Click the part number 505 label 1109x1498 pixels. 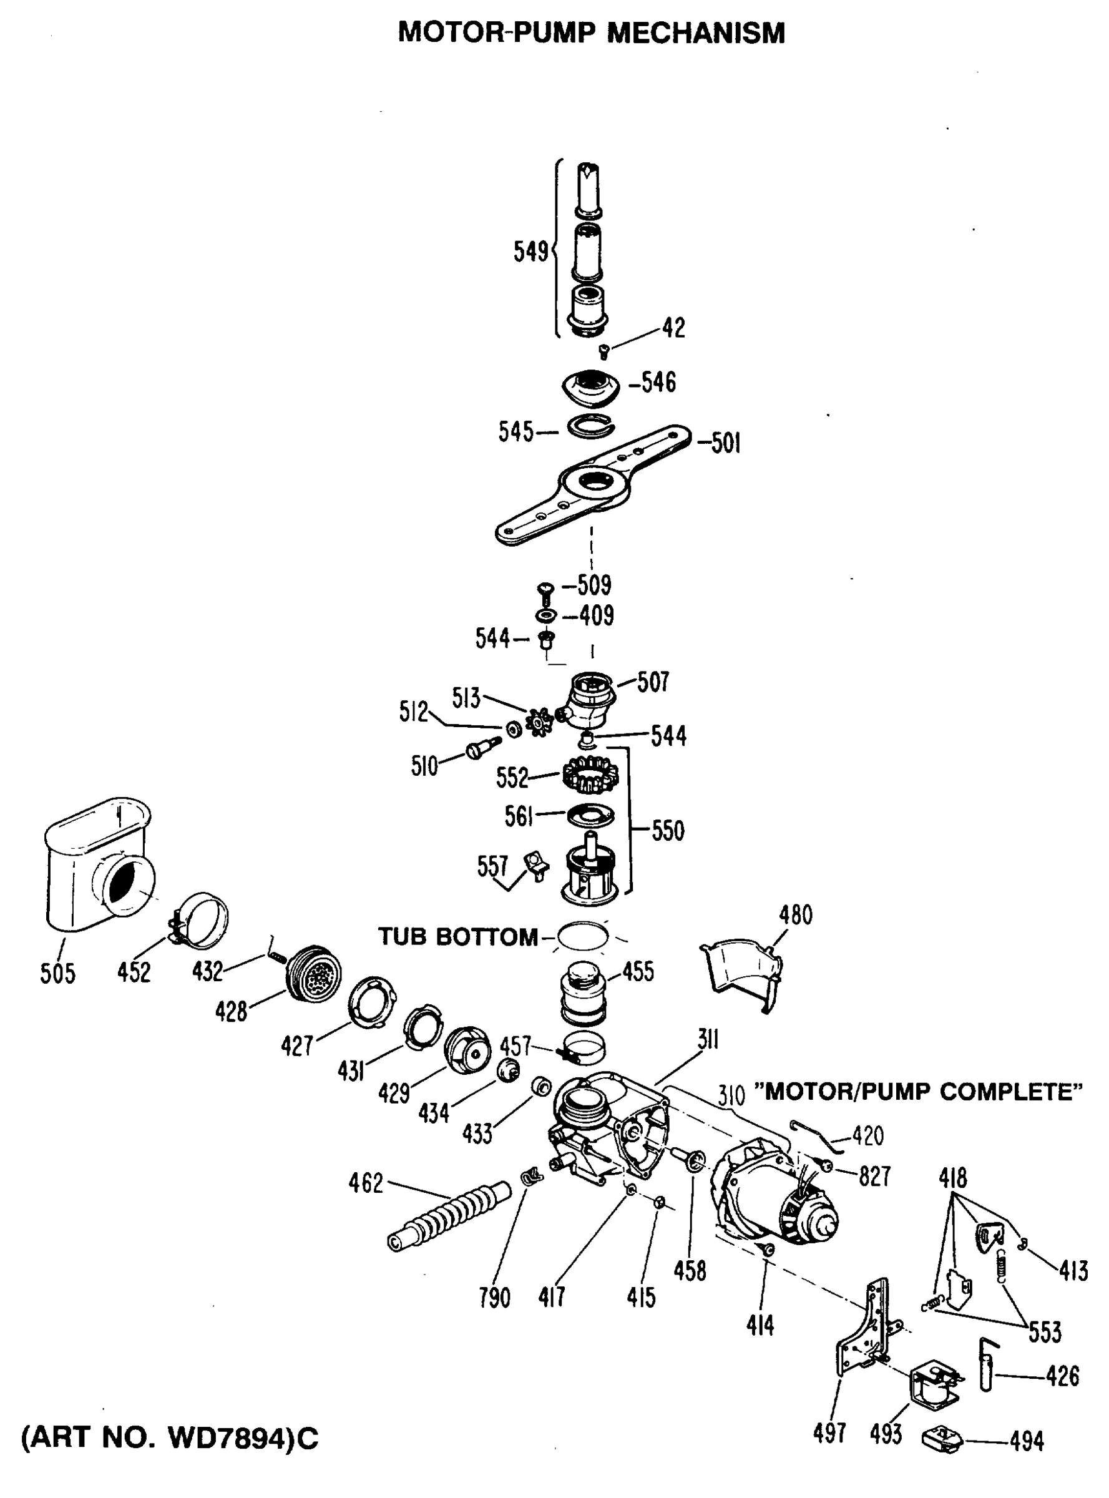[x=58, y=973]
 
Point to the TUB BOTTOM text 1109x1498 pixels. [x=458, y=937]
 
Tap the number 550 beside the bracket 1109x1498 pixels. [x=667, y=831]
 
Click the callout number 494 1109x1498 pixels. [x=1027, y=1441]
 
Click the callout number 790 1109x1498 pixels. [x=495, y=1298]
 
